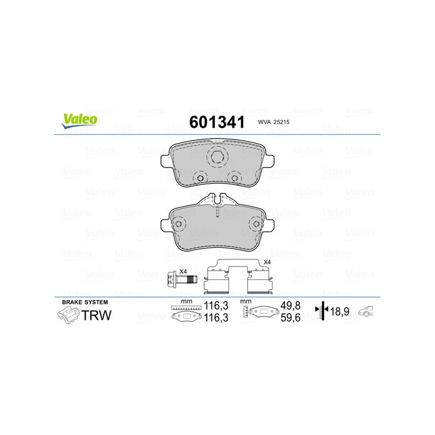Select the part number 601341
[x=216, y=122]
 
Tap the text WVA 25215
[x=273, y=123]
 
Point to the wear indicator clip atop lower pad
[x=217, y=200]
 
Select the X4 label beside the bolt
[x=183, y=271]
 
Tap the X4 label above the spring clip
[x=266, y=263]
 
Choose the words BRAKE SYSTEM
[x=85, y=302]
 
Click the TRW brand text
[x=96, y=315]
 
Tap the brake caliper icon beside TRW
[x=68, y=315]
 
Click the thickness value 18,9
[x=340, y=313]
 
